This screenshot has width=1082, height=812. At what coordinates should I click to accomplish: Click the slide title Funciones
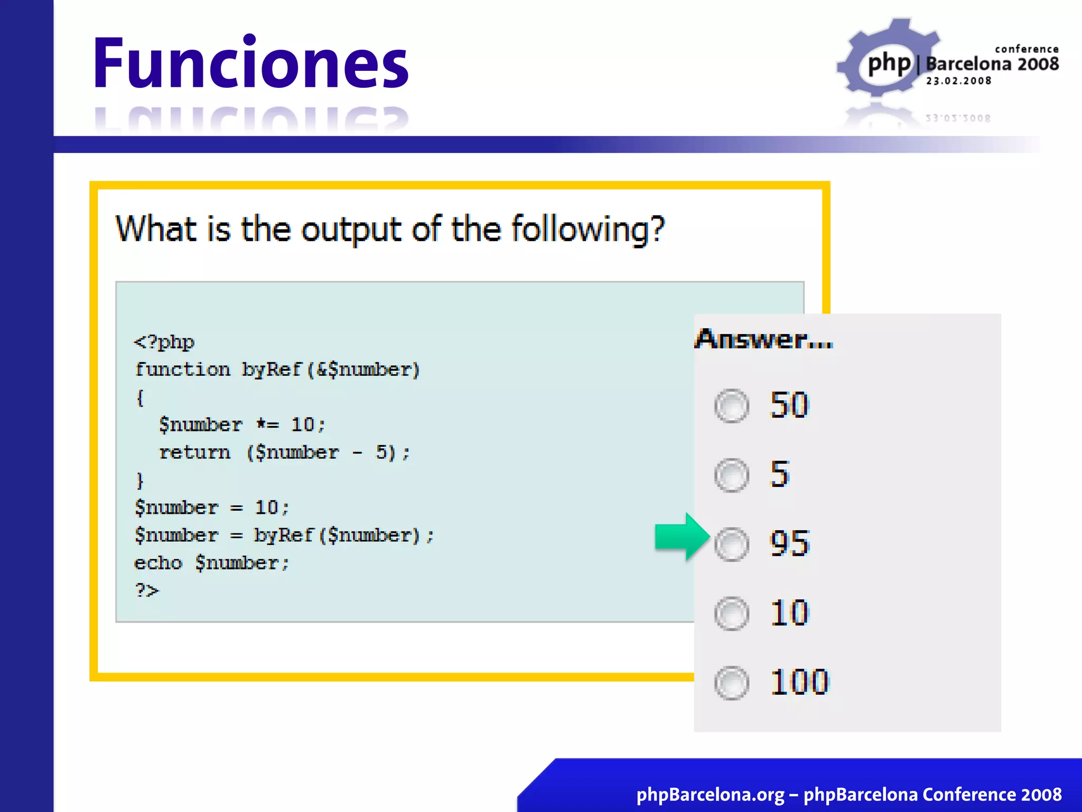point(250,63)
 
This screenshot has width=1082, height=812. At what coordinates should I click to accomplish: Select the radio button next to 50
point(732,406)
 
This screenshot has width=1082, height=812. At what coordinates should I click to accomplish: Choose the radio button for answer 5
point(732,475)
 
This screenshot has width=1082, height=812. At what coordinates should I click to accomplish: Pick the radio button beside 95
point(732,544)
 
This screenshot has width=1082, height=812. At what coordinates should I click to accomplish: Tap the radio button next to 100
point(732,682)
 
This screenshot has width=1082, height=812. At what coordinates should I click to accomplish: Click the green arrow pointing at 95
point(681,537)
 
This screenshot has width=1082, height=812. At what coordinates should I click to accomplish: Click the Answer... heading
point(763,339)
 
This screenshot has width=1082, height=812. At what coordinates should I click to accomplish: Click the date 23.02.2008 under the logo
point(958,81)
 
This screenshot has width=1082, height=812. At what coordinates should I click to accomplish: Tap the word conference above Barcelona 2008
point(1027,49)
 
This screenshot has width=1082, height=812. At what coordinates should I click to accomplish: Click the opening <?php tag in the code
point(164,342)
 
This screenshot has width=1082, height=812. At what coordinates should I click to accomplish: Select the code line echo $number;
point(212,563)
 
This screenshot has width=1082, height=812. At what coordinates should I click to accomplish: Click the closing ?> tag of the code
point(146,589)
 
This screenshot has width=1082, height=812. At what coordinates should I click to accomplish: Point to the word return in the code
point(194,453)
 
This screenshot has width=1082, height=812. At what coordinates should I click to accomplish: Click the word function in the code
point(183,370)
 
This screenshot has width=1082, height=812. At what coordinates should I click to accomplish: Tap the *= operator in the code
point(267,425)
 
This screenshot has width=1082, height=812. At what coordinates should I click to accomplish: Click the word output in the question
point(351,230)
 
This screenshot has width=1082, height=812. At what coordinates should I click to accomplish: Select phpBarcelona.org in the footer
point(710,795)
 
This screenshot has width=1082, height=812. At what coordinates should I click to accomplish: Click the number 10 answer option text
point(789,613)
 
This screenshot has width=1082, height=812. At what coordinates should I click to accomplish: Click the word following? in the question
point(587,230)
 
